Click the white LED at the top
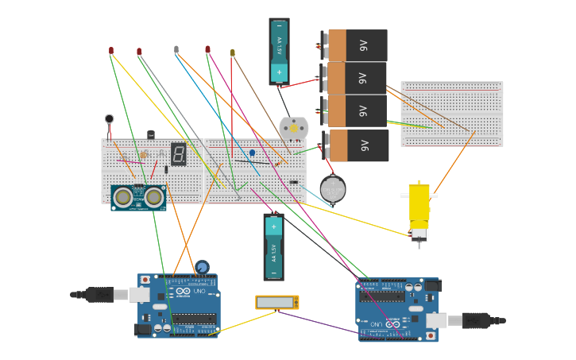[176, 49]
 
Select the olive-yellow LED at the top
[233, 52]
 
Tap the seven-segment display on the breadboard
[179, 154]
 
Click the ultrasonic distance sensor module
[138, 197]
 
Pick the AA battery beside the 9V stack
[279, 51]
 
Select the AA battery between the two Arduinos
[273, 246]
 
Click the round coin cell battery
[332, 189]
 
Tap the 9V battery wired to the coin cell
[358, 145]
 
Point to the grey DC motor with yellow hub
[293, 128]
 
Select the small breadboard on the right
[451, 114]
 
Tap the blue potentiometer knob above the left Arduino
[202, 267]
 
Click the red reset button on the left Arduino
[145, 280]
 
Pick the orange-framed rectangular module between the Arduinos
[276, 302]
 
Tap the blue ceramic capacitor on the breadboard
[252, 153]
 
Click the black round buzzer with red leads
[109, 119]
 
